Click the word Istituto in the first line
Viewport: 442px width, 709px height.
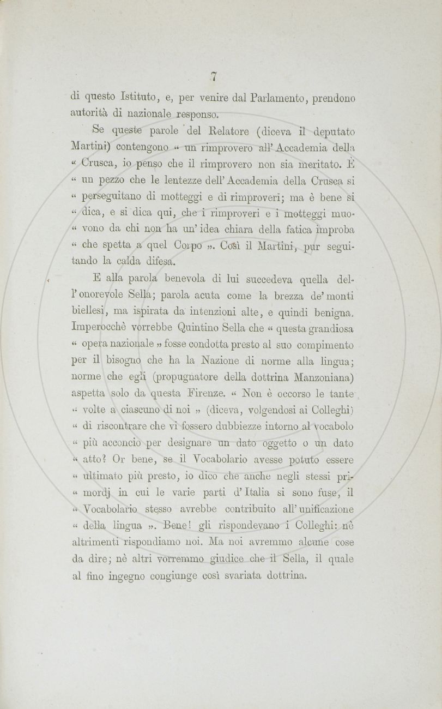coord(131,98)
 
